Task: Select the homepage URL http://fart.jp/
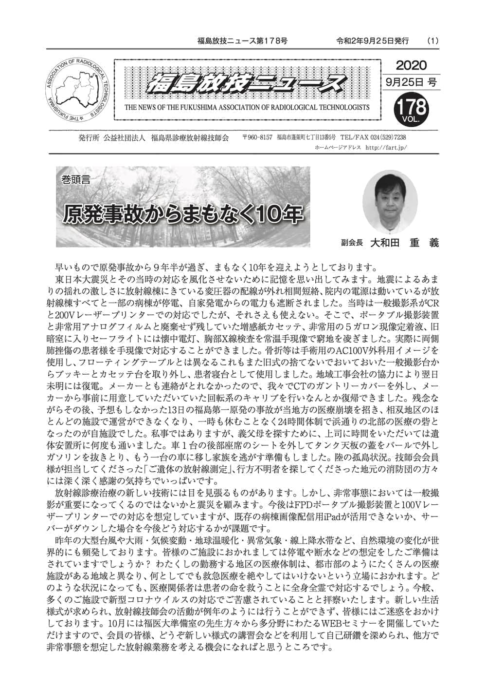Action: [385, 147]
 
